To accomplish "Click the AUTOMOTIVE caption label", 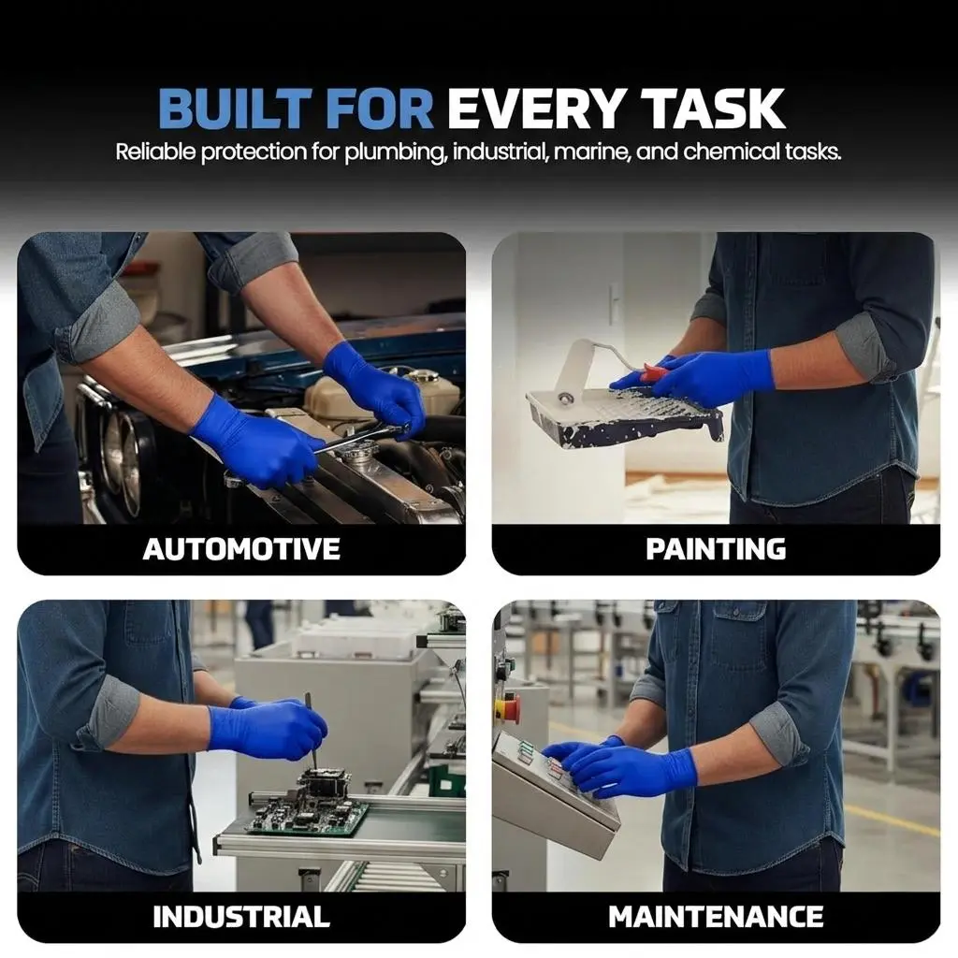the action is pyautogui.click(x=241, y=548).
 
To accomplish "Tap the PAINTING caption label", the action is pyautogui.click(x=716, y=548).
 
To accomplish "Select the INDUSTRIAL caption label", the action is pyautogui.click(x=241, y=917).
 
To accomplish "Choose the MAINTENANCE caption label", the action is pyautogui.click(x=716, y=917).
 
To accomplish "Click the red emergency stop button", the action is pyautogui.click(x=508, y=706).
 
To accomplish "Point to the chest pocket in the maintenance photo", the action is pyautogui.click(x=739, y=637).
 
